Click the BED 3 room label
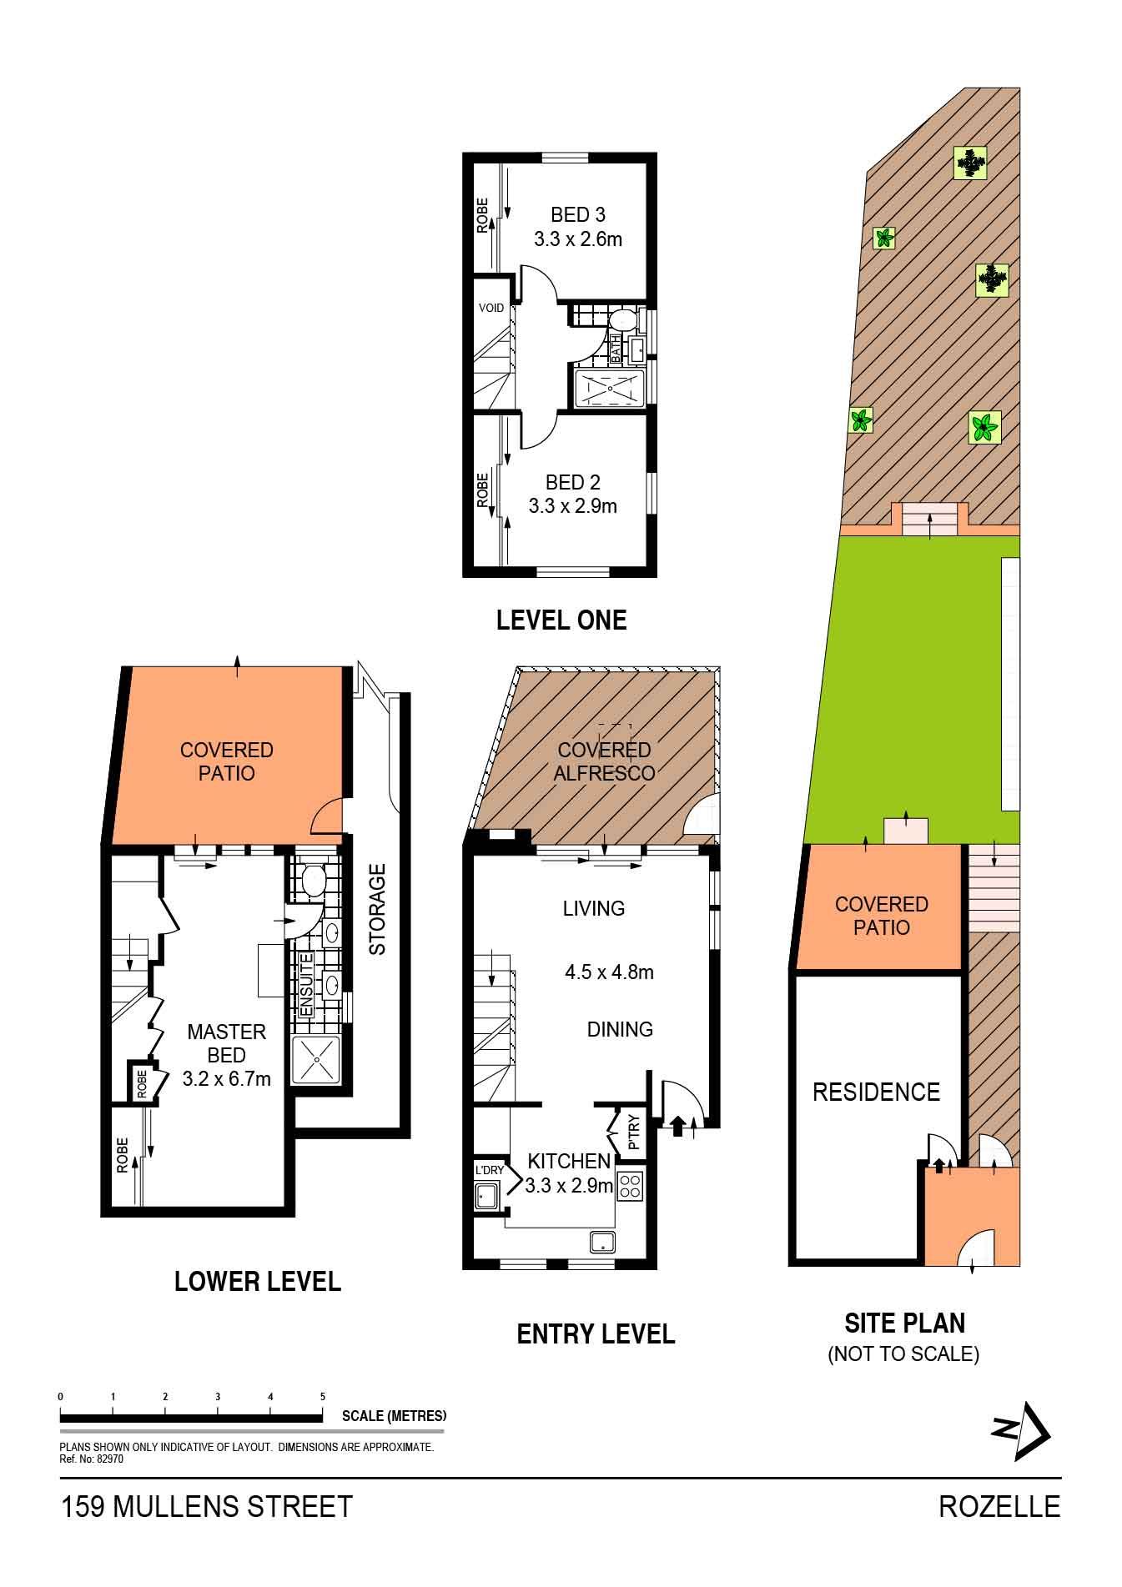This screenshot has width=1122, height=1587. point(578,215)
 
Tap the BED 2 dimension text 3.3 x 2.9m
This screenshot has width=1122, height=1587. point(573,505)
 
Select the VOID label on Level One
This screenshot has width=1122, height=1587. point(491,308)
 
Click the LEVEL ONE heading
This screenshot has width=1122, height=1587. point(561,620)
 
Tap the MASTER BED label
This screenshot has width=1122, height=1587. point(227,1043)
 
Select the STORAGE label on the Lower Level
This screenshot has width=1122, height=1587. point(377,910)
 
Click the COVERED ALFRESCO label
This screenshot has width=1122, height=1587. point(605,761)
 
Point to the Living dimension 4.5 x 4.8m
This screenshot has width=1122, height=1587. point(609,972)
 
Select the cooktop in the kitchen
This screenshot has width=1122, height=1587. point(629,1187)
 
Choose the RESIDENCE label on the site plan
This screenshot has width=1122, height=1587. point(876,1092)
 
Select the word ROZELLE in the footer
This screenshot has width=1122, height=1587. point(999,1507)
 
